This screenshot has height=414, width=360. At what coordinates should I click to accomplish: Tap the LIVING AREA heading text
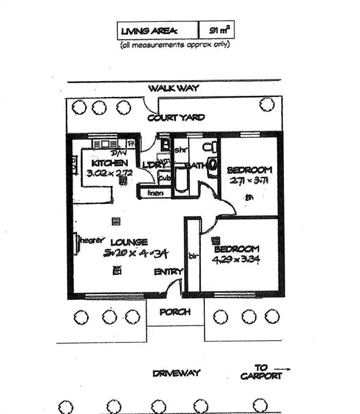coord(149,31)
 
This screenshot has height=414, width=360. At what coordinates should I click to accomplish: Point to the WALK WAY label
coord(173,88)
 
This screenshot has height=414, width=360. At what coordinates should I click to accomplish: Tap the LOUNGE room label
coord(129,242)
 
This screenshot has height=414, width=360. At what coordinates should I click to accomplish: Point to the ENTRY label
coord(168,272)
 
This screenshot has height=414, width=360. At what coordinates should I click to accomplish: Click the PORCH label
coord(175,312)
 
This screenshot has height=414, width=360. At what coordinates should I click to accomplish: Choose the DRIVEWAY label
coord(176,373)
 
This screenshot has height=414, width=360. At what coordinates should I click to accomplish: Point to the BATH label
coord(199,166)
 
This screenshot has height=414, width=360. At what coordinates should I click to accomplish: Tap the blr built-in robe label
coord(193,255)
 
